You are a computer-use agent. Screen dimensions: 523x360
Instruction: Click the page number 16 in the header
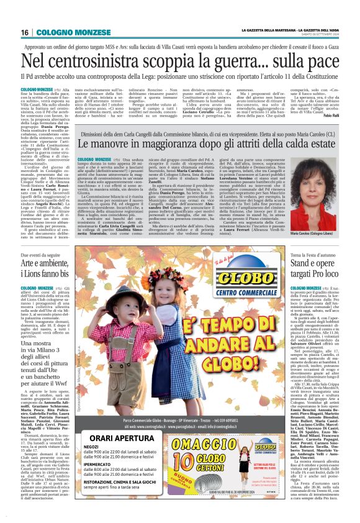pyautogui.click(x=25, y=32)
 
